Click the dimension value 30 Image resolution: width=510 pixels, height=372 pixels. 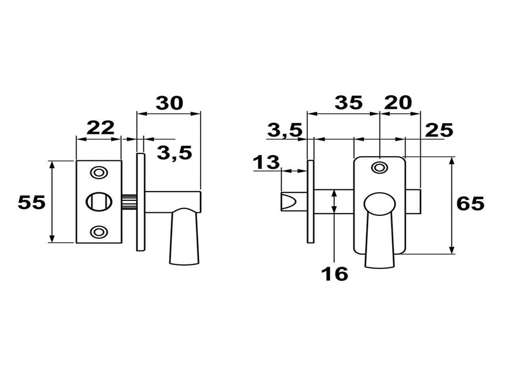pos(170,103)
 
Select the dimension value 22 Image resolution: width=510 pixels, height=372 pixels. pos(100,128)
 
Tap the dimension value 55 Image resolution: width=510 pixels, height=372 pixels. pos(32,203)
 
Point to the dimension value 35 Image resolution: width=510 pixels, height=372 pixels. pos(348,102)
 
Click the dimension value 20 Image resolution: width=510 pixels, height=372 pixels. pos(398,102)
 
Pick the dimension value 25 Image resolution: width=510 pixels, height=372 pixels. pos(439,130)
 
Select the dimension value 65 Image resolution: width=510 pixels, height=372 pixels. pos(470,204)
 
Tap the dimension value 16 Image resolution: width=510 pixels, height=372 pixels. pos(335,274)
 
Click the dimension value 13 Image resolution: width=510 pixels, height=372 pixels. pos(266,162)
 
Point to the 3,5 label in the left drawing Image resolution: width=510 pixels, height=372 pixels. pos(175,153)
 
